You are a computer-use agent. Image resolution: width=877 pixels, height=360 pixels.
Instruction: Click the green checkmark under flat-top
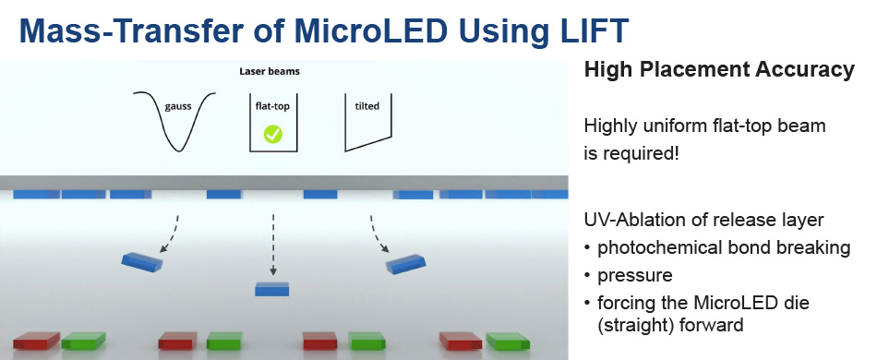273,134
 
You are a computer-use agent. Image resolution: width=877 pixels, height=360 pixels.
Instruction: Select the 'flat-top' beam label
273,105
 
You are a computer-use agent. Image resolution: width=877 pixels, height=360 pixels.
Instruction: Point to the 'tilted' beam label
366,105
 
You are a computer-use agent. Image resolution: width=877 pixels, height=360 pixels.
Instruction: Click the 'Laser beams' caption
270,71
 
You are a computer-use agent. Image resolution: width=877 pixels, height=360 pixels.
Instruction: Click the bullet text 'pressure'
635,275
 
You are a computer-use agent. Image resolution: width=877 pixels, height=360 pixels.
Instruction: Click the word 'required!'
641,153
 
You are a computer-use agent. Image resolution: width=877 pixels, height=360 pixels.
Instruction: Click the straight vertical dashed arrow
273,245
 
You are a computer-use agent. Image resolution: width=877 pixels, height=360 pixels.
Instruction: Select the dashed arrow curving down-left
170,234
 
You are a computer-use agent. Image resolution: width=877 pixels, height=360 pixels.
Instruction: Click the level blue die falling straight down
272,289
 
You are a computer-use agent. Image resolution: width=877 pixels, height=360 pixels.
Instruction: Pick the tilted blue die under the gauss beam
142,261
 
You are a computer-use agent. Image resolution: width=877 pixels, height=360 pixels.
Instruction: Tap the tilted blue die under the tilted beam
406,264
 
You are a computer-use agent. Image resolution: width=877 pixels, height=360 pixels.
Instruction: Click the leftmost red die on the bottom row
36,341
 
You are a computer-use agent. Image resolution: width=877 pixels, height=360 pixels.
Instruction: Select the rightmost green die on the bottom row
508,341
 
